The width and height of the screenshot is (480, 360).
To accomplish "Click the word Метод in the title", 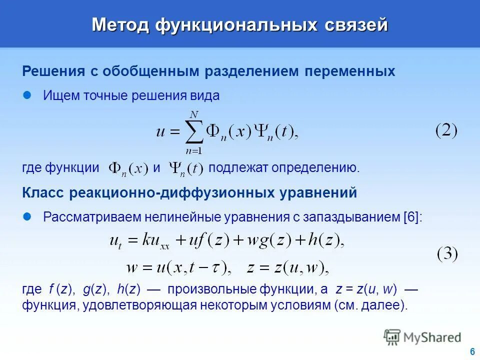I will (x=120, y=24).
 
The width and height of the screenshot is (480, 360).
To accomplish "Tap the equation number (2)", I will (x=446, y=131).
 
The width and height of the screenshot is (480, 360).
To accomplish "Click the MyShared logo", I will (x=422, y=337).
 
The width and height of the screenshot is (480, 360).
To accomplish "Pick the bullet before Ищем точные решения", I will (x=28, y=95).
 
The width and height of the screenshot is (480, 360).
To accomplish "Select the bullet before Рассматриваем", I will (x=28, y=216).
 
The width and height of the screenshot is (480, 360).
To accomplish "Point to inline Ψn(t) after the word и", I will (x=185, y=168).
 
